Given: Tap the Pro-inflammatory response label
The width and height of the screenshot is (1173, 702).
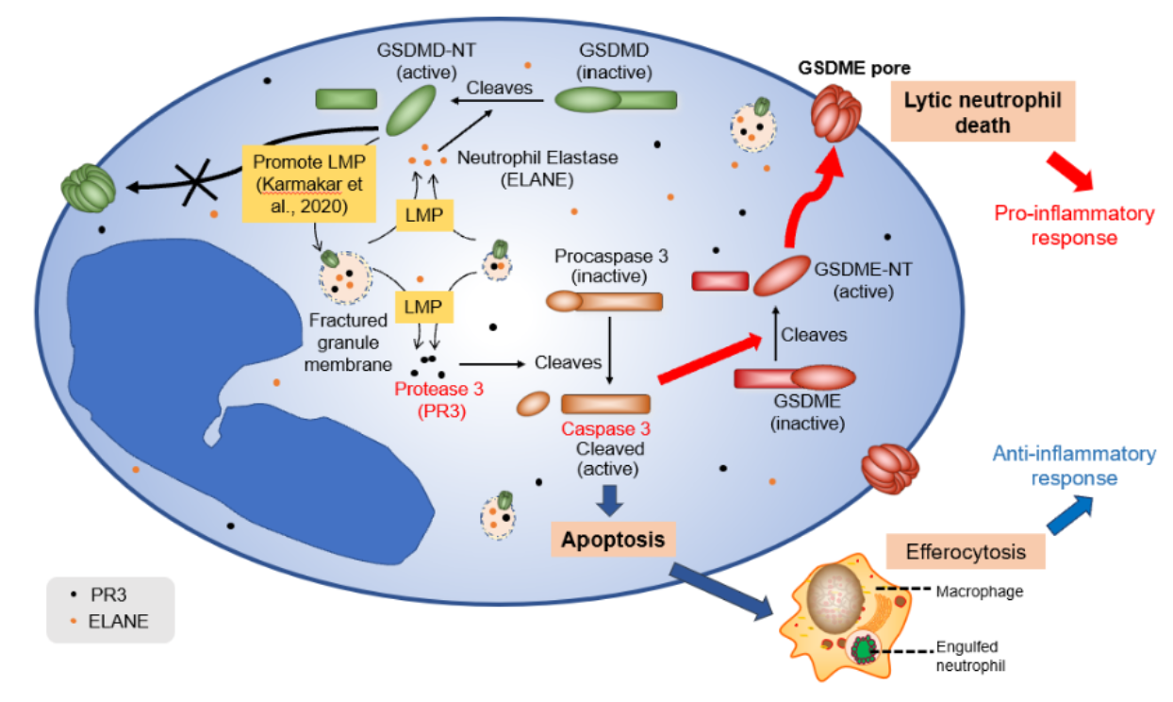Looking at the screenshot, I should (1074, 225).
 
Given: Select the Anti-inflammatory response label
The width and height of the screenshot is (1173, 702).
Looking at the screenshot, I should (1074, 466).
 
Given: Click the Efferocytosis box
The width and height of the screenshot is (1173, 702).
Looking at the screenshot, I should (952, 550).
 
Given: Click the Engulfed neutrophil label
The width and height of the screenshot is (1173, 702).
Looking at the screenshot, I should (970, 656).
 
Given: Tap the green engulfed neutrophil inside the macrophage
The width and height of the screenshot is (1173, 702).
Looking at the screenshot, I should (865, 649).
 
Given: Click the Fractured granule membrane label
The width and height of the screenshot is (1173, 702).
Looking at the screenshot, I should (348, 339).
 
